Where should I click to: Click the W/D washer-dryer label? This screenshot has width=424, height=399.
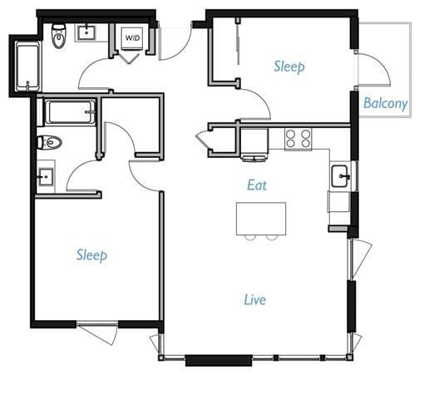[132, 38]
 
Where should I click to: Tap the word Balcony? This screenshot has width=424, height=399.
[386, 104]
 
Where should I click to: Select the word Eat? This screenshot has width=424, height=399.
[256, 185]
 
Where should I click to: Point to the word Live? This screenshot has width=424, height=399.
[254, 298]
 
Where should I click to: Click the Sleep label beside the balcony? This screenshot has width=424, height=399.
[289, 66]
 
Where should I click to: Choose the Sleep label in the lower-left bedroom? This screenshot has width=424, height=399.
[91, 254]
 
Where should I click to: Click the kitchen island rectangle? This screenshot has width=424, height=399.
[261, 218]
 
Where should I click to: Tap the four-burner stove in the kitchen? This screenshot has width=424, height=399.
[298, 138]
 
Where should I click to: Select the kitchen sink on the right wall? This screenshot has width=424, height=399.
[340, 176]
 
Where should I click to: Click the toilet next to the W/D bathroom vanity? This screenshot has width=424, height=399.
[59, 36]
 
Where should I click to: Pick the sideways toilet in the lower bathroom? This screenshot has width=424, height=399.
[50, 142]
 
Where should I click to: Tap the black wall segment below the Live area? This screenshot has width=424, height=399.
[218, 360]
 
